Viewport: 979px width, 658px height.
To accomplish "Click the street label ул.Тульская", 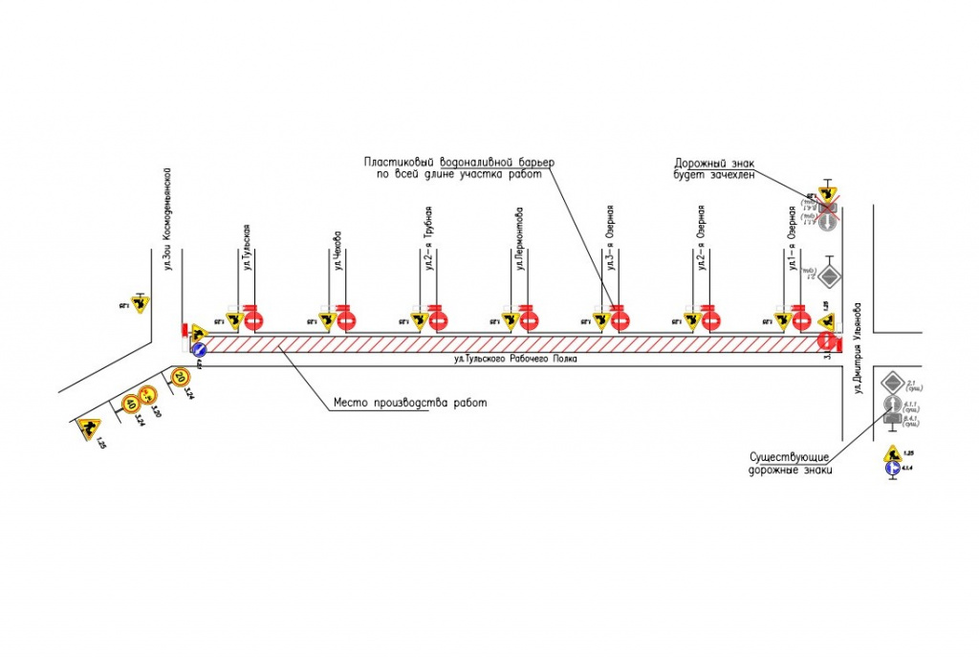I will coord(246,248).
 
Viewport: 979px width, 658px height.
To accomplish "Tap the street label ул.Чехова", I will coord(337,252).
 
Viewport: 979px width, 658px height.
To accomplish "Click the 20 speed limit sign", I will coord(180,378).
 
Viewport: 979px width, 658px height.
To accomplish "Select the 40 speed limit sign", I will coord(131,405).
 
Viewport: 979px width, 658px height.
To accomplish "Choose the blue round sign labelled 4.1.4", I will coord(891,469).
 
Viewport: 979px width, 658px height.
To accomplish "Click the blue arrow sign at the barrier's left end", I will coord(200,351).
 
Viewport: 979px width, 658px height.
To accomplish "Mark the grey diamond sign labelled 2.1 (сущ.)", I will coord(892,382).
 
